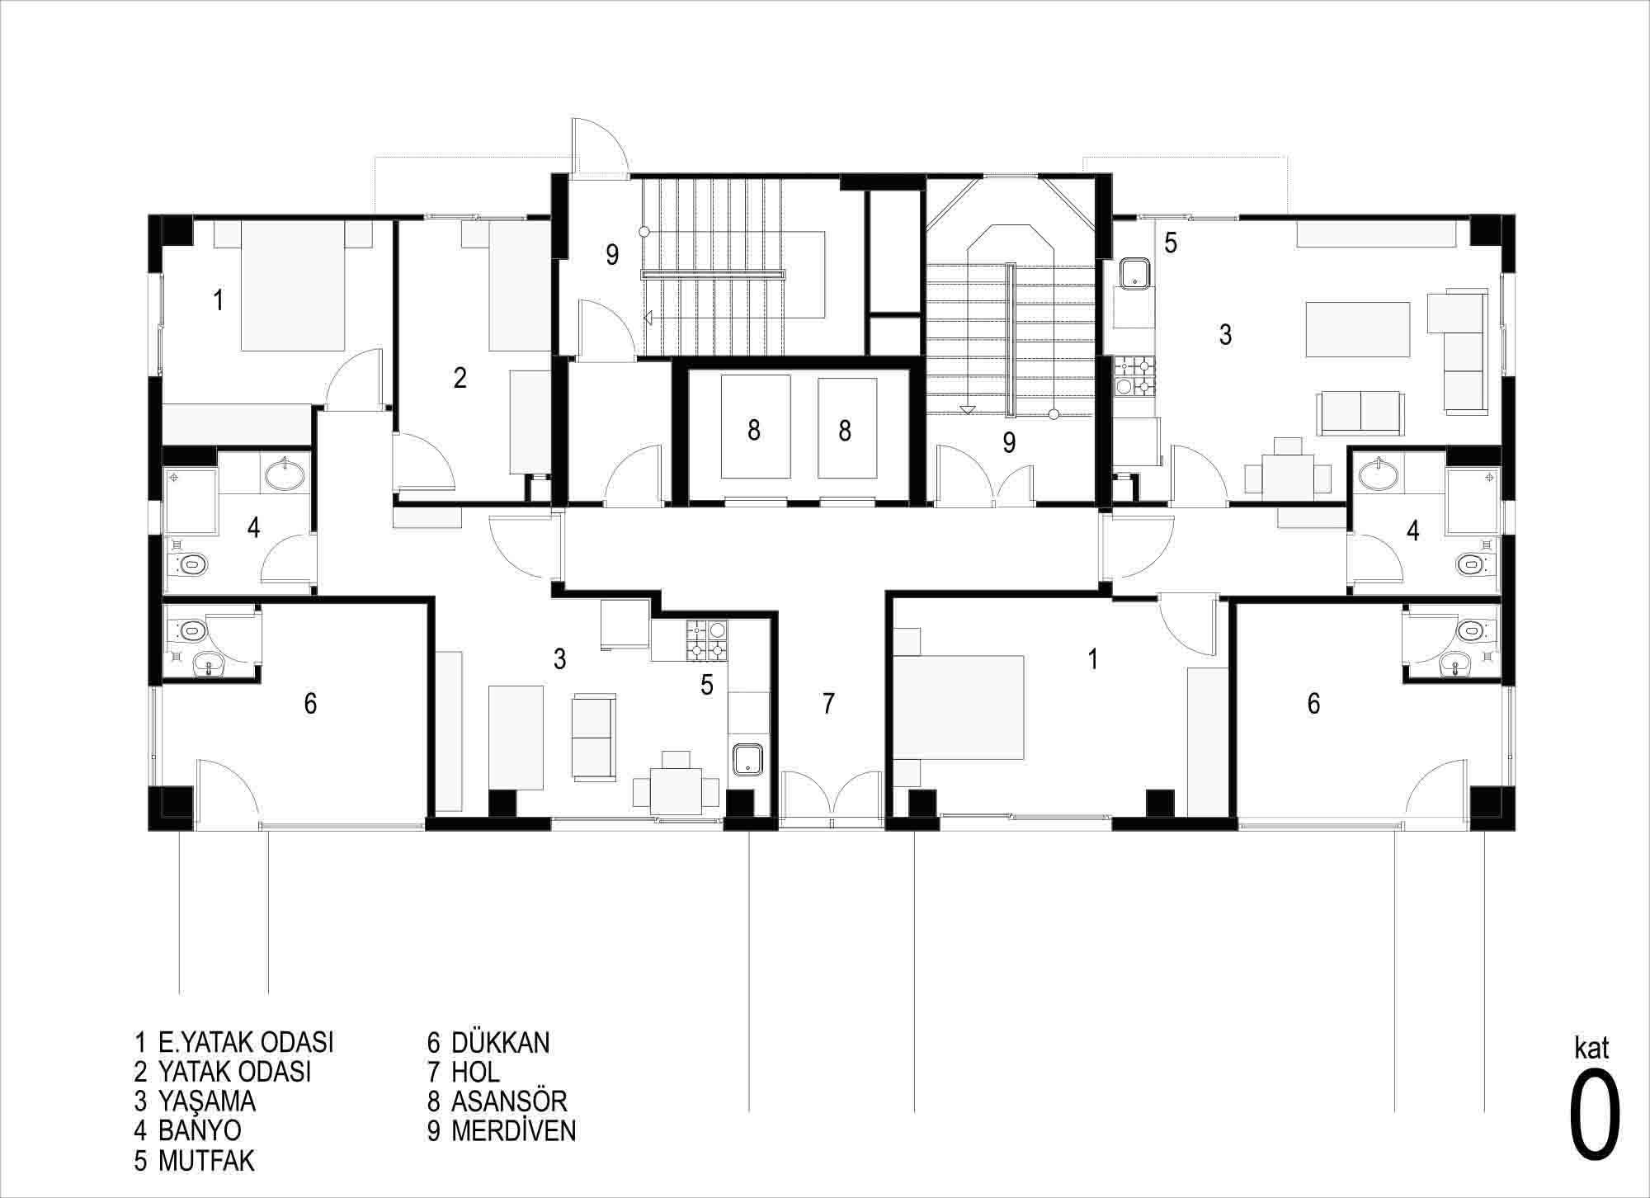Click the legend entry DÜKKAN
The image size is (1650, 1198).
click(x=488, y=1043)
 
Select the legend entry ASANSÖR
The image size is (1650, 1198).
click(x=497, y=1101)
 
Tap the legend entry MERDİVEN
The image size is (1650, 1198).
click(x=502, y=1131)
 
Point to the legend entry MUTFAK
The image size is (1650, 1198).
click(x=195, y=1161)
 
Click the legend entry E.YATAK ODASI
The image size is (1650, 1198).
click(x=234, y=1043)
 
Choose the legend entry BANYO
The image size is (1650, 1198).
click(x=188, y=1130)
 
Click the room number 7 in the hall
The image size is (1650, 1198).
click(x=828, y=703)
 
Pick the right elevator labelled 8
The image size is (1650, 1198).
click(x=846, y=427)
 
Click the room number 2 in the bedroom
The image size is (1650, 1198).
click(x=460, y=378)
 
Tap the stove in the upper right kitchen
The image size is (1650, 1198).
click(x=1135, y=376)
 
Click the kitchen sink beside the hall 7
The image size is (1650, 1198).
click(x=747, y=760)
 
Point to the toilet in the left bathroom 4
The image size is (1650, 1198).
click(x=188, y=565)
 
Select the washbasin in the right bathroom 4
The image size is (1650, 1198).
click(x=1380, y=474)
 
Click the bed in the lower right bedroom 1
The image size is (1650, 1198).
click(x=959, y=706)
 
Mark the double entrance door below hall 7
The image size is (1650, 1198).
click(x=832, y=799)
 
